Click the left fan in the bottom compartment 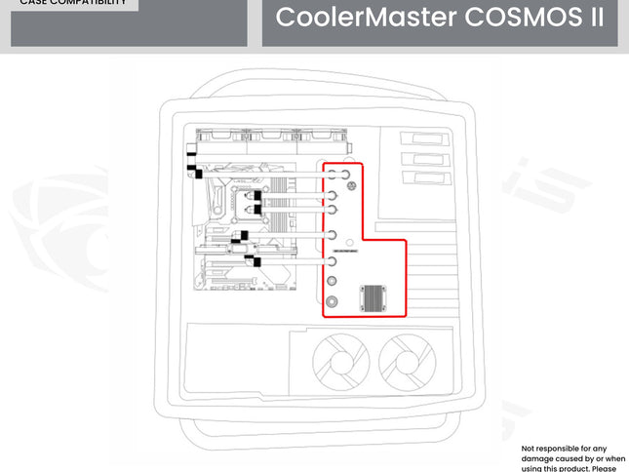(x=339, y=362)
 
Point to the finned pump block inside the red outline (x=375, y=297)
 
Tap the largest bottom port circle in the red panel (x=333, y=301)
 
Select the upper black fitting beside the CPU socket (x=256, y=196)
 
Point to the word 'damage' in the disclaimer (x=540, y=458)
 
